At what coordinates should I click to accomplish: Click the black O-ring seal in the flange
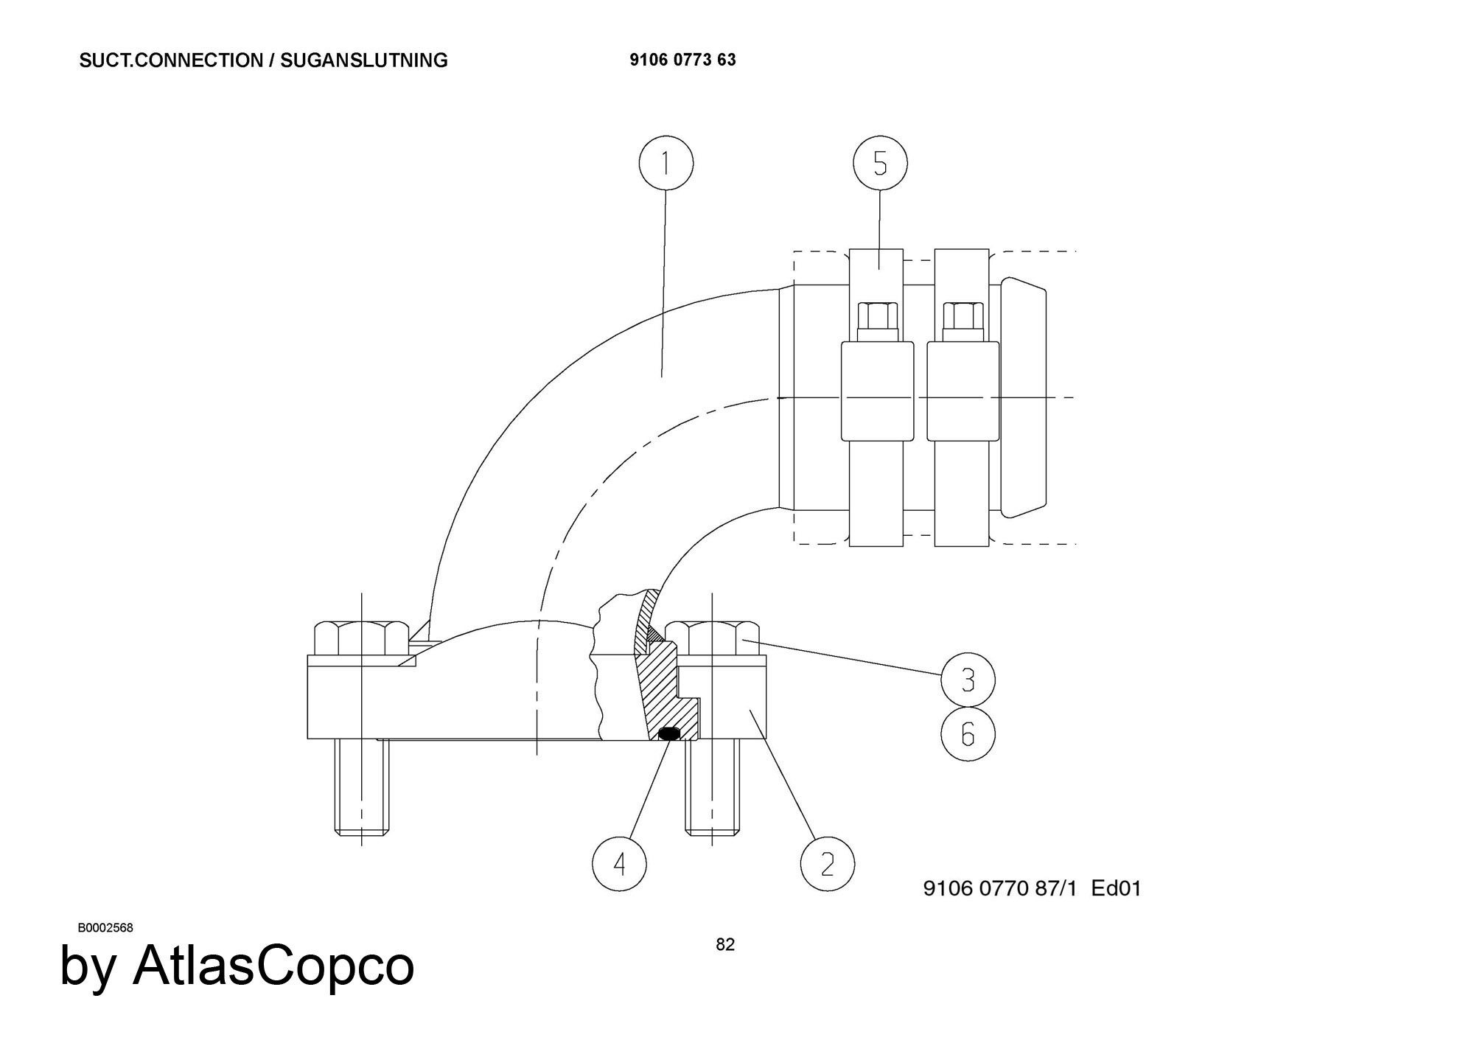tap(668, 733)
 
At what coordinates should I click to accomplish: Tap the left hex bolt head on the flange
tap(361, 639)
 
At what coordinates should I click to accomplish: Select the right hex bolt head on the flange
tap(712, 639)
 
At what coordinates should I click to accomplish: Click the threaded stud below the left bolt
tap(361, 787)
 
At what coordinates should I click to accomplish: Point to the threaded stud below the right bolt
tap(712, 787)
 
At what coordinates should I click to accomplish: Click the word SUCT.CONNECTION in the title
tap(171, 60)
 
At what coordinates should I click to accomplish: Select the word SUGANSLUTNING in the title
tap(364, 60)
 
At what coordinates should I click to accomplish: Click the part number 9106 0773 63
tap(682, 60)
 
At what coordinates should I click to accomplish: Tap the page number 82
tap(725, 945)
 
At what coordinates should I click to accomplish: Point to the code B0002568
tap(105, 928)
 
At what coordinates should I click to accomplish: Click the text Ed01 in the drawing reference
tap(1116, 888)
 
